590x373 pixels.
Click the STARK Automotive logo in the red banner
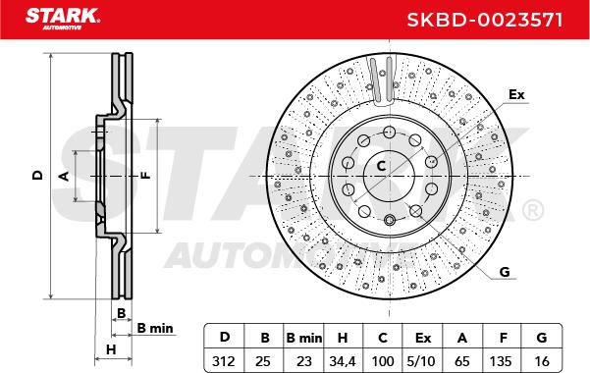[63, 19]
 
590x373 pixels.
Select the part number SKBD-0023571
[485, 20]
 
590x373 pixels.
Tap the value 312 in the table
[224, 361]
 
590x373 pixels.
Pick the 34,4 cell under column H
[343, 361]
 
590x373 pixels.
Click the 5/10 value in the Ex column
[421, 361]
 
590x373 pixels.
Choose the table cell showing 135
[501, 361]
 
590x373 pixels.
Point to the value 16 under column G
[542, 361]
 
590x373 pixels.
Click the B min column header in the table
[304, 338]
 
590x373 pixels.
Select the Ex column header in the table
[422, 338]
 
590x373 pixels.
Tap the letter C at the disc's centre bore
[382, 166]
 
